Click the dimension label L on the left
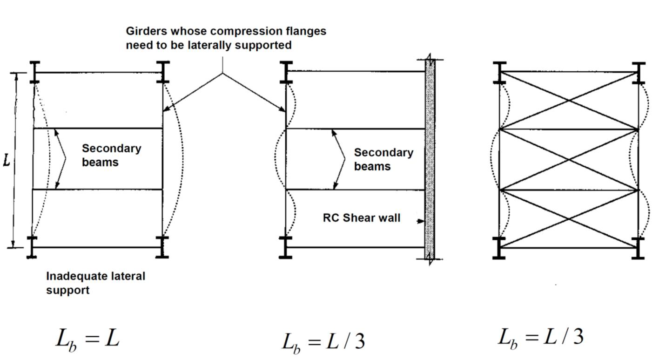click(x=7, y=161)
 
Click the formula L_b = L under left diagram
click(x=87, y=339)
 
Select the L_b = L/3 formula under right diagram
click(x=540, y=337)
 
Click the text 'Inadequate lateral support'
click(x=95, y=283)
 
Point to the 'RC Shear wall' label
click(x=361, y=217)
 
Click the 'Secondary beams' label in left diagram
click(x=111, y=155)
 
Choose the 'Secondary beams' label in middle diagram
click(x=383, y=159)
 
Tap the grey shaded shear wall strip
click(x=430, y=158)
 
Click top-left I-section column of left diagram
click(x=35, y=72)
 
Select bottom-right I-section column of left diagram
click(x=162, y=247)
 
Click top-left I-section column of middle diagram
click(x=286, y=72)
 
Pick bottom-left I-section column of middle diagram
click(x=286, y=247)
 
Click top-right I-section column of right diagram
click(x=638, y=73)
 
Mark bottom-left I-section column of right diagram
click(x=499, y=248)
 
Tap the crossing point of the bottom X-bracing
click(x=569, y=218)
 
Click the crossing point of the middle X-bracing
click(x=569, y=159)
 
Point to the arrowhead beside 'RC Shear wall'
click(x=422, y=221)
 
